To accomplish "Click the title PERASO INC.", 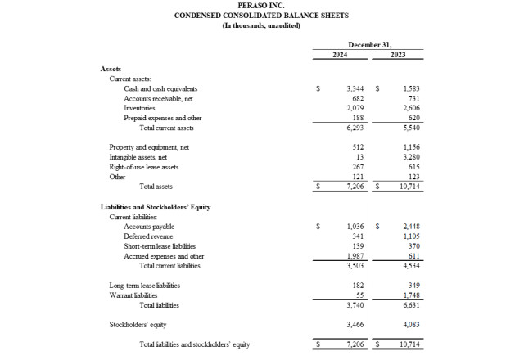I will pos(261,5).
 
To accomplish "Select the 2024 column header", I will pos(340,54).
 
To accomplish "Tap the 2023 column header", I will pos(398,54).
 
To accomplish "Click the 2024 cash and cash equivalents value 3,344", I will pos(355,88).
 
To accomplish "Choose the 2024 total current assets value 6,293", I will pos(355,128).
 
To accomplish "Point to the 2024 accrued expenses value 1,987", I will pos(355,256).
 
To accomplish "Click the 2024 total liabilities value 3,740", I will pos(355,305).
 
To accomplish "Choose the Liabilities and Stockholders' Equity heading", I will pos(156,207).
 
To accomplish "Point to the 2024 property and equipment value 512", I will pos(358,147).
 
